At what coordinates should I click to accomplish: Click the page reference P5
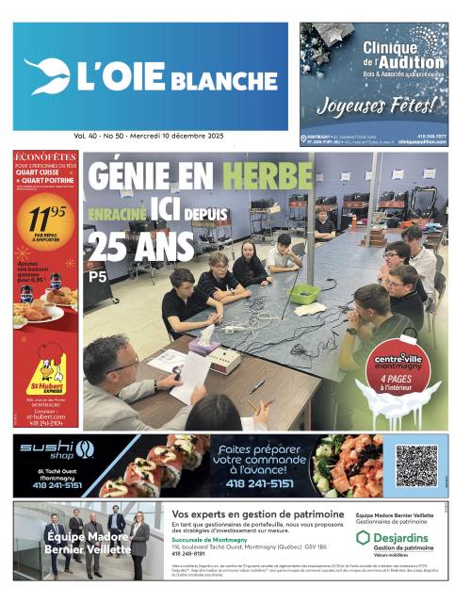point(97,277)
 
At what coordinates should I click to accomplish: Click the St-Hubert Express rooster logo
point(45,372)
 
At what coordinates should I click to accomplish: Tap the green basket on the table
point(303,294)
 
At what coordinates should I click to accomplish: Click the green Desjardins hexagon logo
point(364,538)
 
